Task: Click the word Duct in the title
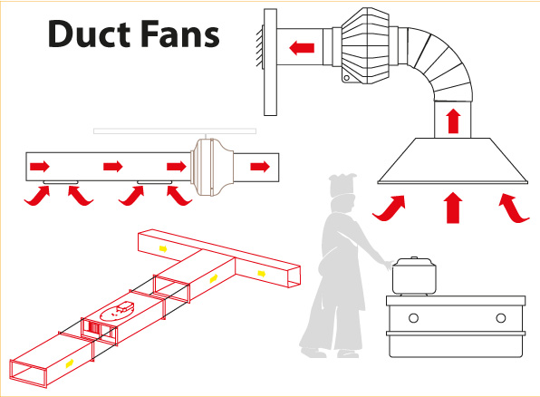(x=89, y=34)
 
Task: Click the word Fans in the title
(x=179, y=34)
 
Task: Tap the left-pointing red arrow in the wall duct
(x=302, y=47)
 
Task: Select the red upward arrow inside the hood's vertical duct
(x=453, y=121)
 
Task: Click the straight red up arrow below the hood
(x=453, y=208)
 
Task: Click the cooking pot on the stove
(x=414, y=276)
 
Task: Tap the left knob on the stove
(x=414, y=318)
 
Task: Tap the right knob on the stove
(x=501, y=318)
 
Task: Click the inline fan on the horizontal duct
(x=212, y=167)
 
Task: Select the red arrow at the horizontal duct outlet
(x=260, y=167)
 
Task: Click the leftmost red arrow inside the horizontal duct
(x=40, y=167)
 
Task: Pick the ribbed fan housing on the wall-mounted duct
(x=366, y=46)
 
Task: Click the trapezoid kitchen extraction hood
(x=452, y=161)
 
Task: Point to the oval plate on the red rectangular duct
(x=118, y=311)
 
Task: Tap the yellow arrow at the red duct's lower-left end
(x=70, y=363)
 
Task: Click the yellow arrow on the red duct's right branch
(x=262, y=274)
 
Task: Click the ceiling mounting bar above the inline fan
(x=175, y=131)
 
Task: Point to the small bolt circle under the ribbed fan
(x=347, y=78)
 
